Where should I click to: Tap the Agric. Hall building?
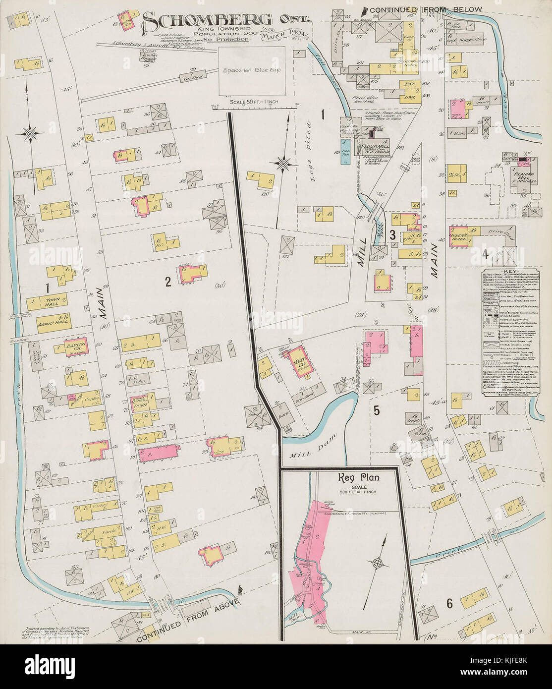tap(48, 321)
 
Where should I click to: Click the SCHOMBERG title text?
tap(208, 20)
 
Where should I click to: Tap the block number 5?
tap(376, 410)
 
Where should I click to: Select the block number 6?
tap(449, 604)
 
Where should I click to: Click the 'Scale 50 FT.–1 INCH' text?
tap(253, 102)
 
